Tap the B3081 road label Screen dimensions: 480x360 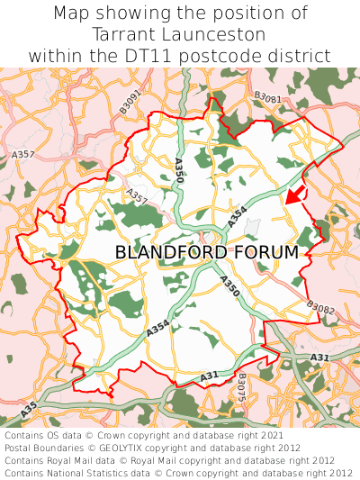[x=267, y=98]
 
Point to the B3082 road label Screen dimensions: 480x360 [x=319, y=309]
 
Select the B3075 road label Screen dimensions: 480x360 [x=241, y=386]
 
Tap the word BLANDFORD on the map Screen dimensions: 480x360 [x=171, y=253]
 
